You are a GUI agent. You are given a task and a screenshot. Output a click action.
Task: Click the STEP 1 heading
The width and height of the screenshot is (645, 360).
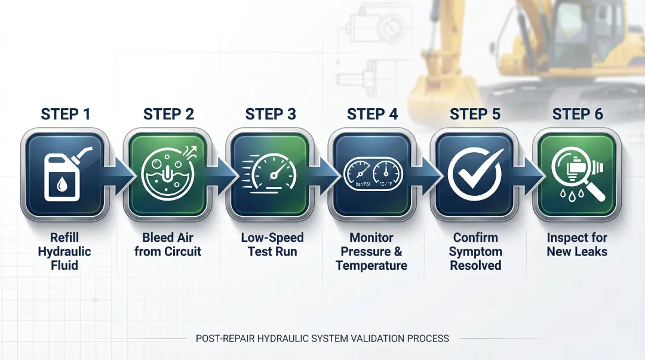tap(66, 114)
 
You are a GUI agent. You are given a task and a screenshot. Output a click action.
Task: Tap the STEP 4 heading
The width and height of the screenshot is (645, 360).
tap(372, 114)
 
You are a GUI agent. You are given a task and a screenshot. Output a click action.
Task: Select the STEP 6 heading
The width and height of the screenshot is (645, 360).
tap(578, 114)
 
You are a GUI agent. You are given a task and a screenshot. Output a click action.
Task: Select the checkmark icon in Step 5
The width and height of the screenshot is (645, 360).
tap(475, 174)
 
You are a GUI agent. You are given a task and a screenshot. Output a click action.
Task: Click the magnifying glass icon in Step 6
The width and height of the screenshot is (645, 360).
tap(576, 174)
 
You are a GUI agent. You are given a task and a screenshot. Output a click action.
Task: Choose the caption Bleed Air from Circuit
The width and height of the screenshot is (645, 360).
tap(168, 244)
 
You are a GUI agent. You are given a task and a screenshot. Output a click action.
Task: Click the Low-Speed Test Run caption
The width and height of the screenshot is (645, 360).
tap(272, 244)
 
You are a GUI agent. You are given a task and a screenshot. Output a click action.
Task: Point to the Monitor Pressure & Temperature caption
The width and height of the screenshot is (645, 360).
tap(371, 251)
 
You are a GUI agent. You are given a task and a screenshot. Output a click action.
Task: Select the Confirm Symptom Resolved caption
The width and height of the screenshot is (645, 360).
tap(476, 251)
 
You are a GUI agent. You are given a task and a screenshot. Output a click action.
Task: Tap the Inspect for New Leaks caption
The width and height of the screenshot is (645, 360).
tap(577, 244)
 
